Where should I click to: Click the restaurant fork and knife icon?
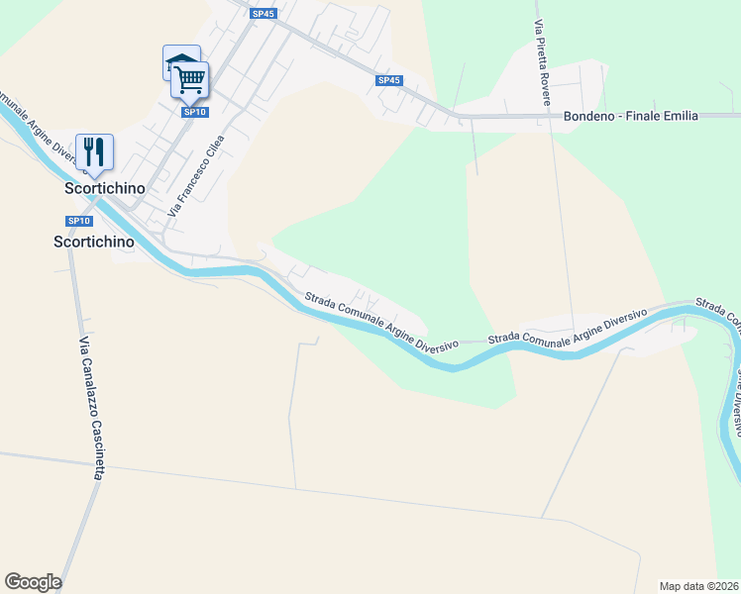(x=94, y=151)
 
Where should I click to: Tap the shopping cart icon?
(x=190, y=78)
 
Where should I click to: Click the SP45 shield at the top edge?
(x=263, y=14)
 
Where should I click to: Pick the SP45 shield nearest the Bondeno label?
(x=389, y=80)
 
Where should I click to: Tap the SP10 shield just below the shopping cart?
(x=195, y=112)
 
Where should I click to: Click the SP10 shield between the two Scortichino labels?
(x=79, y=221)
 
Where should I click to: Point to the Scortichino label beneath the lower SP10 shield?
(x=92, y=241)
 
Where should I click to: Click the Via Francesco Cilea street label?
(x=196, y=175)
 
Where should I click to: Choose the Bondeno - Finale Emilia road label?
(x=630, y=116)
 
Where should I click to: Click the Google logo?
(x=33, y=582)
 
